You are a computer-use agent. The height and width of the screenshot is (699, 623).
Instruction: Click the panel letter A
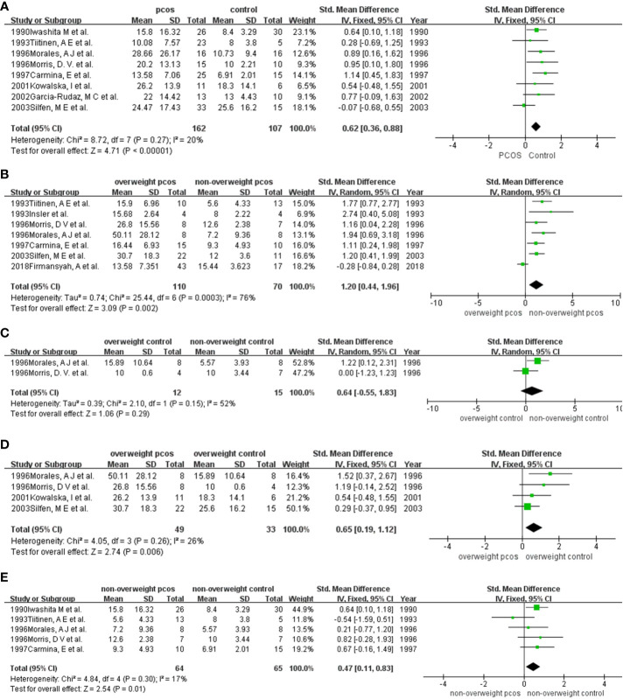pos(7,7)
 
